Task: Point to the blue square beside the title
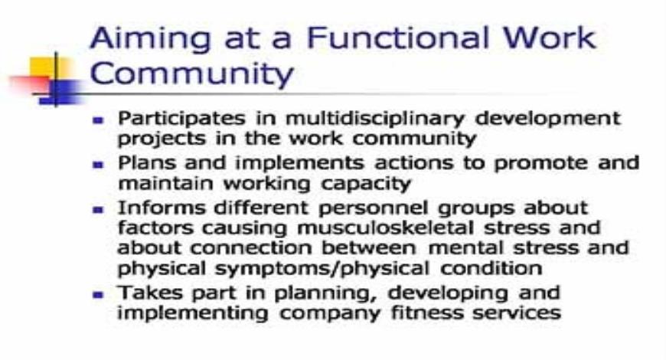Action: pyautogui.click(x=67, y=91)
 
